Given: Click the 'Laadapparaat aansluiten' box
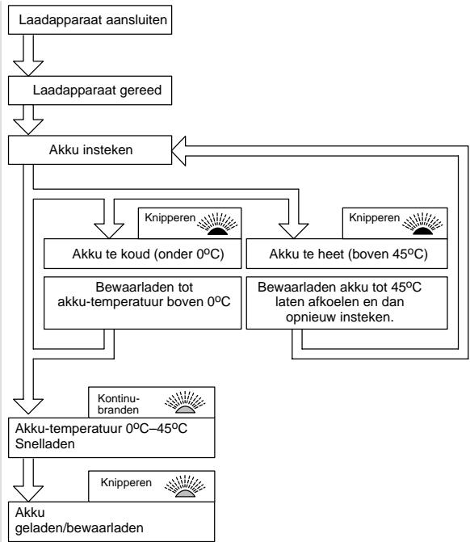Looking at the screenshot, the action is pyautogui.click(x=90, y=20).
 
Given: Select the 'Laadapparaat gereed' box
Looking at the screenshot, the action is pyautogui.click(x=90, y=90).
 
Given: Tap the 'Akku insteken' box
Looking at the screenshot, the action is pyautogui.click(x=90, y=149).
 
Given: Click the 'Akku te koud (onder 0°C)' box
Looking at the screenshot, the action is pyautogui.click(x=142, y=254).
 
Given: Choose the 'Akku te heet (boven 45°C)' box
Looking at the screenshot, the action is pyautogui.click(x=346, y=254).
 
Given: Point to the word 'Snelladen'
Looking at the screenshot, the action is pyautogui.click(x=45, y=443).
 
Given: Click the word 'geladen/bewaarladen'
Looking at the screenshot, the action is pyautogui.click(x=79, y=527).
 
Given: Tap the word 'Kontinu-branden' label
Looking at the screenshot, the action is pyautogui.click(x=118, y=404).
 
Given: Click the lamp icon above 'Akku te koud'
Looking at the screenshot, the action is pyautogui.click(x=217, y=224).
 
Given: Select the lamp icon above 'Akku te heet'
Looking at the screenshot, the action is pyautogui.click(x=422, y=224).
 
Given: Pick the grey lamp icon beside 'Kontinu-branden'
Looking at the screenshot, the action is pyautogui.click(x=185, y=402).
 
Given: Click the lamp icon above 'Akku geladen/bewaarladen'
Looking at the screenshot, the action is pyautogui.click(x=185, y=486).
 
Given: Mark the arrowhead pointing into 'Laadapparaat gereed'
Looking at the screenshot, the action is pyautogui.click(x=28, y=127).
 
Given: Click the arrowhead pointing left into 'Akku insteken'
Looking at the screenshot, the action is pyautogui.click(x=178, y=151).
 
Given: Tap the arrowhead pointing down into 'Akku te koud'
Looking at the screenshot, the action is pyautogui.click(x=109, y=231).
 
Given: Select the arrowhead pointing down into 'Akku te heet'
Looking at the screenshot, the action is pyautogui.click(x=293, y=231).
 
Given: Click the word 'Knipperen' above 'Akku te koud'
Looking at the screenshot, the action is pyautogui.click(x=170, y=218).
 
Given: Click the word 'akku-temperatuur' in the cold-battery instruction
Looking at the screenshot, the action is pyautogui.click(x=111, y=302).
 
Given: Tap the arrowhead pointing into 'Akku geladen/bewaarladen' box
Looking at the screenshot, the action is pyautogui.click(x=28, y=494).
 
